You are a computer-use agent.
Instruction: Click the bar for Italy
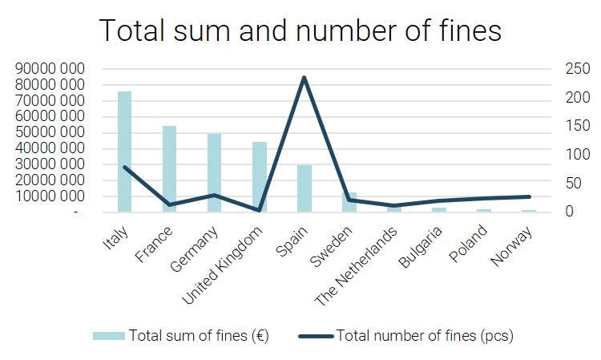124,152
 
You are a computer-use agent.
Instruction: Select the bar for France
169,168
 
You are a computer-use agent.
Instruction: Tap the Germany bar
214,172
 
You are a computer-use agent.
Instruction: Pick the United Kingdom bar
259,176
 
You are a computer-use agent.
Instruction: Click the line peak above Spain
304,78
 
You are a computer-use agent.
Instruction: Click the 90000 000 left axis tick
50,69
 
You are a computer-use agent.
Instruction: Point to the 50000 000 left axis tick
50,132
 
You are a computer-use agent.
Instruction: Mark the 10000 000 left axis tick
50,196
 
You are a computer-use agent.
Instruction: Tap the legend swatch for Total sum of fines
109,335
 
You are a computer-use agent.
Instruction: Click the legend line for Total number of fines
316,335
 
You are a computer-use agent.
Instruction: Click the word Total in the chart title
132,30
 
